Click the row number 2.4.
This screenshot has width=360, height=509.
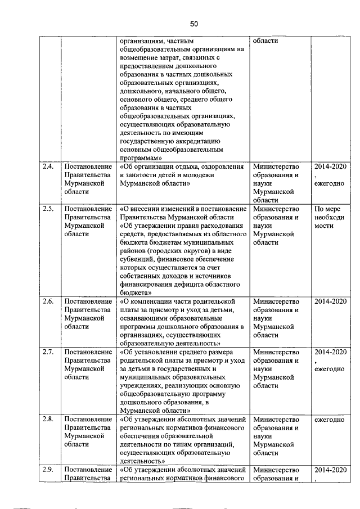48,167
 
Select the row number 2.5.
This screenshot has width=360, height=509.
48,209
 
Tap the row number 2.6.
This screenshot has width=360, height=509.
48,301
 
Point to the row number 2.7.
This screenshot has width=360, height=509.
48,352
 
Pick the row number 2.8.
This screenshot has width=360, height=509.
48,419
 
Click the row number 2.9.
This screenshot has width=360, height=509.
48,469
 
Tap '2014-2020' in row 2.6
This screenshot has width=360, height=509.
331,301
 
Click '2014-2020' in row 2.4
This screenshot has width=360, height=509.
331,167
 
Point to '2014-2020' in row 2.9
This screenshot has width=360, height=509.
331,469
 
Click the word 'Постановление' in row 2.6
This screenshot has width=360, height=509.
87,301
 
